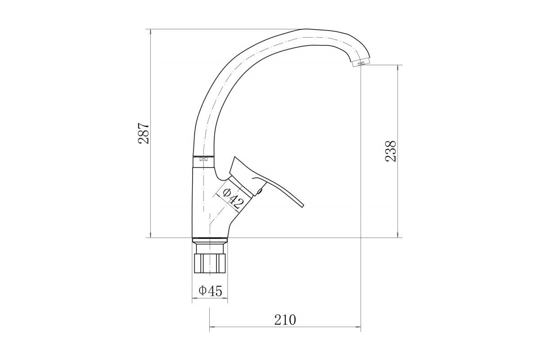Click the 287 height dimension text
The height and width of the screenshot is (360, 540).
pyautogui.click(x=144, y=133)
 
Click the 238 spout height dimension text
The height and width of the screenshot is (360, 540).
pyautogui.click(x=391, y=151)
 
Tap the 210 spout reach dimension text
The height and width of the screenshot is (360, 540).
pyautogui.click(x=285, y=320)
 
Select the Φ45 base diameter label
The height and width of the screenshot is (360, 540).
pyautogui.click(x=210, y=291)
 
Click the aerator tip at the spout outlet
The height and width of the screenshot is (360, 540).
pyautogui.click(x=361, y=63)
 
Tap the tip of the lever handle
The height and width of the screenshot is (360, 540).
pyautogui.click(x=302, y=206)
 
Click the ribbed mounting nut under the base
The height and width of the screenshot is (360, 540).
pyautogui.click(x=210, y=263)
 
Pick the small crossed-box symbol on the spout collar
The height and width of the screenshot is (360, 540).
pyautogui.click(x=203, y=159)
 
